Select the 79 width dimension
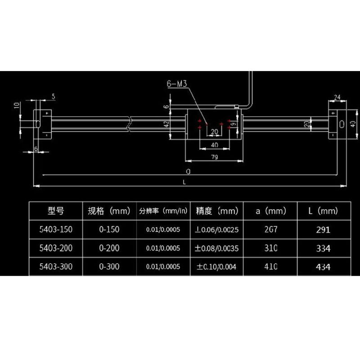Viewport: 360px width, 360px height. click(x=214, y=157)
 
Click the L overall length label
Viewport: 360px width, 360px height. click(x=185, y=182)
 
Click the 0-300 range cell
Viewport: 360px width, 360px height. click(x=109, y=266)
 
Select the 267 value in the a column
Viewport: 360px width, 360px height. click(x=270, y=229)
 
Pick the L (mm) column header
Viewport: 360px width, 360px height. click(x=324, y=211)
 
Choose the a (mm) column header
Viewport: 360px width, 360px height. click(x=270, y=211)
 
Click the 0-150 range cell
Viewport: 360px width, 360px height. click(x=109, y=229)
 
